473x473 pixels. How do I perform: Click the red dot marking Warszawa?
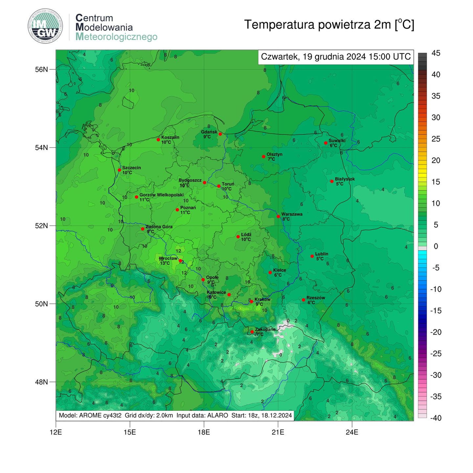click(278, 216)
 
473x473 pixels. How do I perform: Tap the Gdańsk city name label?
click(209, 132)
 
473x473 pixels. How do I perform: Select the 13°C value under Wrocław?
click(165, 263)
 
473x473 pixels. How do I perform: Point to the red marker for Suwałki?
click(326, 143)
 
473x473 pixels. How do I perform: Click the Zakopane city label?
click(265, 329)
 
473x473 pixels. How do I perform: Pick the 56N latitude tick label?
click(42, 69)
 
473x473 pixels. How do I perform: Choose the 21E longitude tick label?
click(278, 432)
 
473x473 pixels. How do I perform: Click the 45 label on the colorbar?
click(436, 53)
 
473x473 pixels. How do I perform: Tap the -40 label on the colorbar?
click(436, 418)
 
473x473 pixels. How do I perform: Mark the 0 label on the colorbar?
click(436, 246)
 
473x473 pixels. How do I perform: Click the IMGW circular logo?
click(45, 27)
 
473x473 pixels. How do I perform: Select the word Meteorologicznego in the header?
click(116, 37)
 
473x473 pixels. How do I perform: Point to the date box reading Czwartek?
click(335, 57)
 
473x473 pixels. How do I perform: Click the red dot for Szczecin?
click(120, 170)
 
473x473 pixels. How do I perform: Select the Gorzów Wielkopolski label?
click(161, 195)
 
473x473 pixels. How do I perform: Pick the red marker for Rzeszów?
click(304, 300)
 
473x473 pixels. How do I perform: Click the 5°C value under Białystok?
click(339, 184)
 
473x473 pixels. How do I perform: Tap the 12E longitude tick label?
click(56, 432)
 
